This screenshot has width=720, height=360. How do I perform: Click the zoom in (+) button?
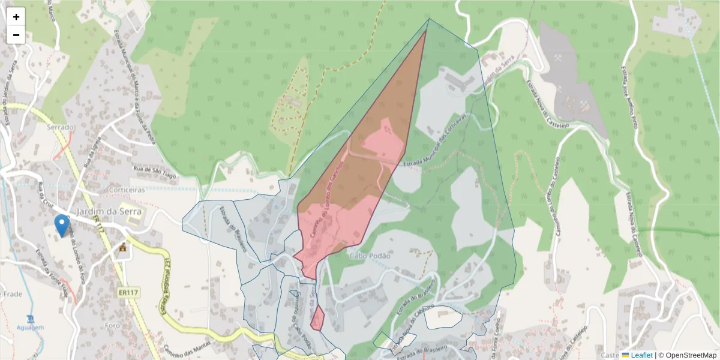click(x=16, y=17)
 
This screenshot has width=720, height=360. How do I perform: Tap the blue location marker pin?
click(x=61, y=225)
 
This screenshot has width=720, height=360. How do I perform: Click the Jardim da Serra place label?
click(x=109, y=211)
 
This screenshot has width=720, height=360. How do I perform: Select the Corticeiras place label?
click(x=128, y=189)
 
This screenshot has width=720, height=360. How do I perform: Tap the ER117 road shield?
click(x=128, y=293)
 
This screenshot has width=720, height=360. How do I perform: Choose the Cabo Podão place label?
click(x=370, y=256)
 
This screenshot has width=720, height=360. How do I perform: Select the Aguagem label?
click(x=31, y=328)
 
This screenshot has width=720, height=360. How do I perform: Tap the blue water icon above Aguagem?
click(x=31, y=318)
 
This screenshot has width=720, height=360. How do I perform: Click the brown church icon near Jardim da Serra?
click(x=124, y=247)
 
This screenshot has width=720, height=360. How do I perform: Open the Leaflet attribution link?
click(x=641, y=355)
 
